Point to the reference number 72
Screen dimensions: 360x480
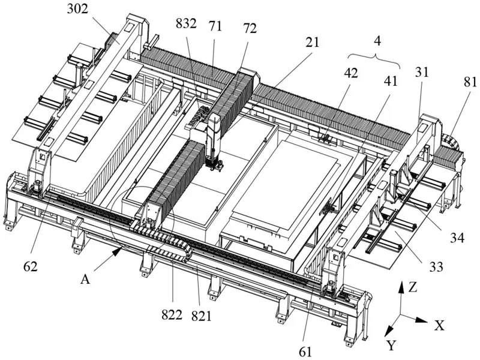[250, 28]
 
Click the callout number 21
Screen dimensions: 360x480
[312, 43]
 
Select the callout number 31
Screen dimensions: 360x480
[422, 72]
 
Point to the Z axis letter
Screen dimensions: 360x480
[413, 287]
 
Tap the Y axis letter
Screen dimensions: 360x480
[391, 346]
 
